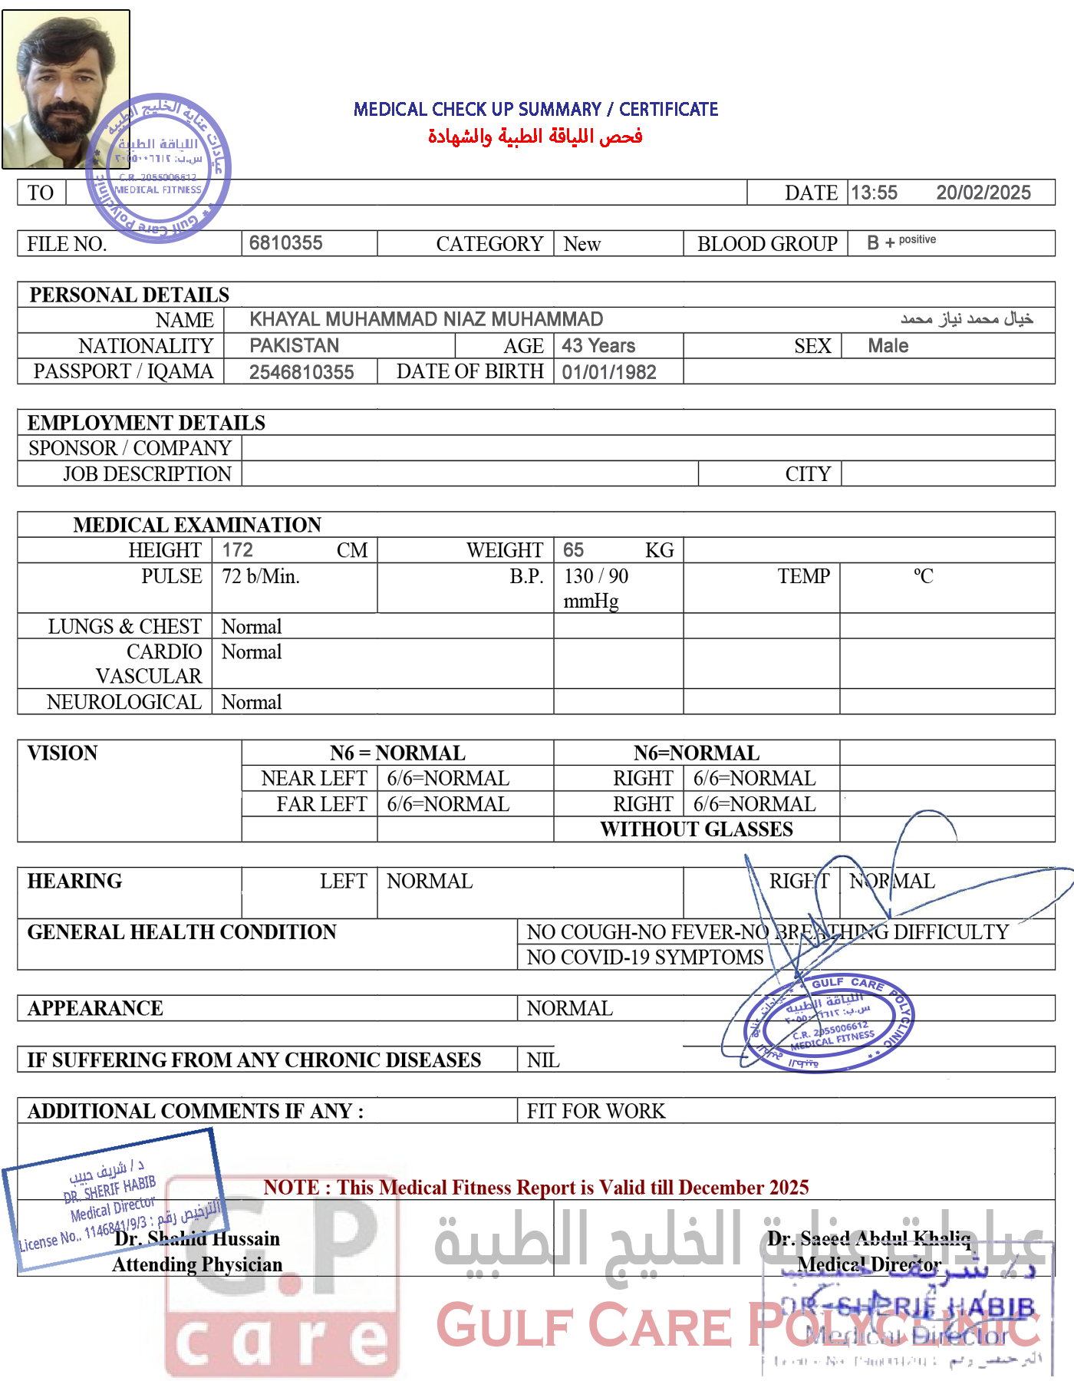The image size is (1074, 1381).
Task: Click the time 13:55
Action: pyautogui.click(x=874, y=193)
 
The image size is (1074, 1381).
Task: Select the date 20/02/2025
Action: pyautogui.click(x=983, y=193)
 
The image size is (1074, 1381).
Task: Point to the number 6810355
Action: pyautogui.click(x=285, y=243)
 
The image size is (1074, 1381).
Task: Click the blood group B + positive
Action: pyautogui.click(x=901, y=242)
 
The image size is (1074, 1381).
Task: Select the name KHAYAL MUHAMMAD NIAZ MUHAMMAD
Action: pyautogui.click(x=426, y=319)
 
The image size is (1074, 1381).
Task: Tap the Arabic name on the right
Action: pyautogui.click(x=967, y=318)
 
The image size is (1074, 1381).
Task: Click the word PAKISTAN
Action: pyautogui.click(x=294, y=346)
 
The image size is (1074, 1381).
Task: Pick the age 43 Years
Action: pyautogui.click(x=598, y=346)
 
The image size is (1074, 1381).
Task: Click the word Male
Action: pyautogui.click(x=888, y=346)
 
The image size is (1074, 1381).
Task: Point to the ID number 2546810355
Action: pyautogui.click(x=301, y=373)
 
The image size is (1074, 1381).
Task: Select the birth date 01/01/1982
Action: pyautogui.click(x=609, y=373)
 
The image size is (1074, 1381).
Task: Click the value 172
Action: pyautogui.click(x=237, y=550)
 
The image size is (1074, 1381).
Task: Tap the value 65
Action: pyautogui.click(x=573, y=550)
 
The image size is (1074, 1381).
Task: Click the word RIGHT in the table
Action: pyautogui.click(x=799, y=882)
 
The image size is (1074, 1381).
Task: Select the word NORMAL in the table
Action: pyautogui.click(x=892, y=882)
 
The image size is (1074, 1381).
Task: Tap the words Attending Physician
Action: pyautogui.click(x=197, y=1264)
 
